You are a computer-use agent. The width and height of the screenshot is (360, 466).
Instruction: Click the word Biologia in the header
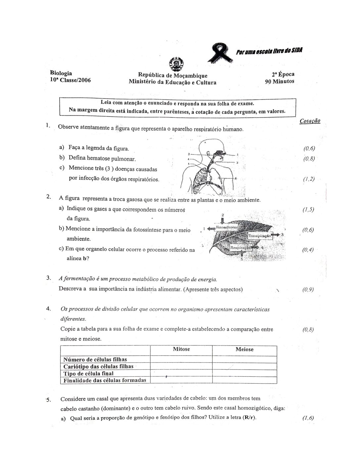(x=61, y=73)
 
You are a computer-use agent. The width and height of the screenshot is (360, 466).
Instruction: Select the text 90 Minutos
(x=279, y=81)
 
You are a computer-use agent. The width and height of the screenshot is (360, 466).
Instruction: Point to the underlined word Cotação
(x=310, y=121)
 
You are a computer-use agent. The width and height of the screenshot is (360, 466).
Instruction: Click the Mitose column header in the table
(x=181, y=349)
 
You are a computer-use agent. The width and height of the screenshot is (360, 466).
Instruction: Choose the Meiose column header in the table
(x=245, y=349)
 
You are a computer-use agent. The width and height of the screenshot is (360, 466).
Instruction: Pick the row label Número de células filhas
(x=95, y=359)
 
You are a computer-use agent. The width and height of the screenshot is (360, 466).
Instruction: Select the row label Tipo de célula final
(x=88, y=373)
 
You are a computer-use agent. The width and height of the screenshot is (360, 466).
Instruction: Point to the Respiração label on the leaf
(x=241, y=247)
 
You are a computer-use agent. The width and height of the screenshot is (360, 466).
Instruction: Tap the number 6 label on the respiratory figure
(x=235, y=178)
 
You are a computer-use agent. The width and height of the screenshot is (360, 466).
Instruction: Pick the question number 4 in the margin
(x=49, y=309)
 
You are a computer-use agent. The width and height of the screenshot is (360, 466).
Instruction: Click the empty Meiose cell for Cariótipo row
(x=244, y=366)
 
